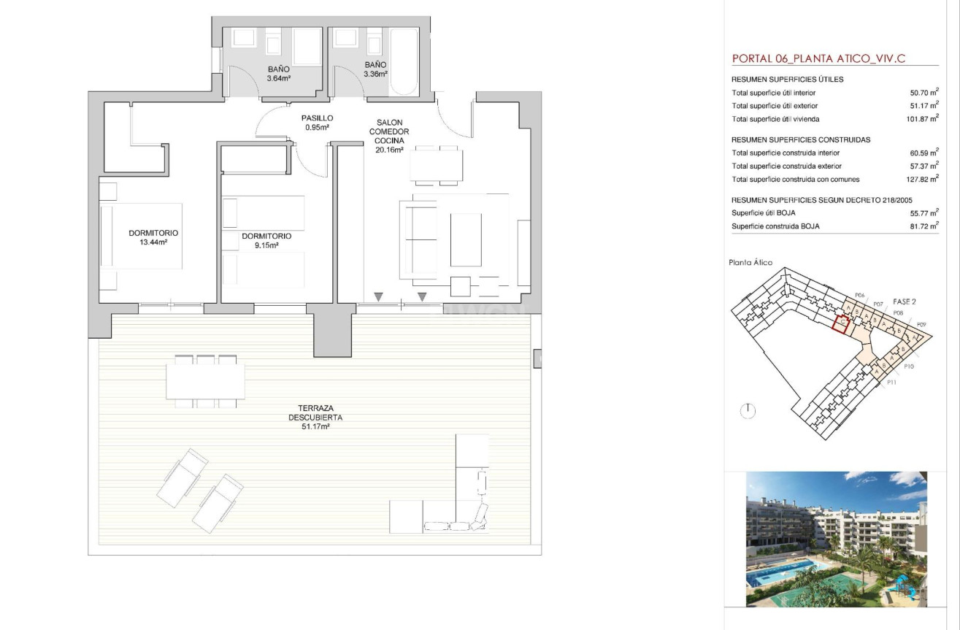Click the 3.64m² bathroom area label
click(x=279, y=74)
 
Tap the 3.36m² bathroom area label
click(x=375, y=69)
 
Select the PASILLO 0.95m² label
click(x=317, y=123)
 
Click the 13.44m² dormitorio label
click(x=153, y=238)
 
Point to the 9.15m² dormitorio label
click(x=266, y=241)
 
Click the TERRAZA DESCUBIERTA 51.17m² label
click(x=315, y=418)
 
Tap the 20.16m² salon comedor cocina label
click(x=389, y=137)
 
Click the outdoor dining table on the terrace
click(x=205, y=381)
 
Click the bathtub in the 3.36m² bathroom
click(x=403, y=61)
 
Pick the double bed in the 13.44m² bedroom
click(x=141, y=236)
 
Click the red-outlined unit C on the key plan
click(x=841, y=323)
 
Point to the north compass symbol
click(x=748, y=411)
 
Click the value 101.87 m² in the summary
click(x=922, y=119)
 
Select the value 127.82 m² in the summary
click(x=922, y=179)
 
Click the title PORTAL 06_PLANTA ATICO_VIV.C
click(x=818, y=58)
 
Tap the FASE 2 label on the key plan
click(x=905, y=301)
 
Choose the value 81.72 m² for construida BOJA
click(x=924, y=226)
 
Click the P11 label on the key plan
click(x=891, y=383)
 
